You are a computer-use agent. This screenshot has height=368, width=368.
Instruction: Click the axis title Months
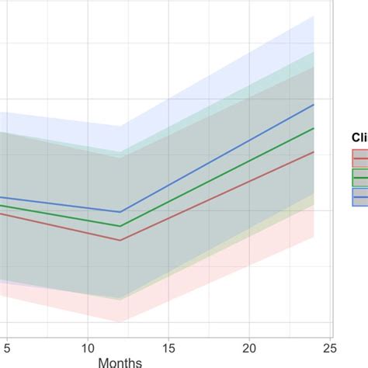click(120, 361)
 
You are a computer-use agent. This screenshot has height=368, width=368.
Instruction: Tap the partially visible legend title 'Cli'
click(359, 137)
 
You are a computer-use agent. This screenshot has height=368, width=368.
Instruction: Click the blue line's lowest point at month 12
click(120, 212)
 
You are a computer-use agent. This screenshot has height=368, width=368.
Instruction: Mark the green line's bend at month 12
click(120, 226)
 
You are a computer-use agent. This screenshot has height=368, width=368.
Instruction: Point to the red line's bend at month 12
click(120, 240)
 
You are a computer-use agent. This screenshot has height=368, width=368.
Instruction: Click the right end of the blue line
click(314, 104)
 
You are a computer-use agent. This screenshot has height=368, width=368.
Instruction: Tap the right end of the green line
click(314, 128)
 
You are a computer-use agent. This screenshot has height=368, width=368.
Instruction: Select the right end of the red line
click(314, 152)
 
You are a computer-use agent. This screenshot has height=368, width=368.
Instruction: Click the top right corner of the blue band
click(314, 16)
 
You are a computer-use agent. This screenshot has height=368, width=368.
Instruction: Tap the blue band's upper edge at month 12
click(120, 127)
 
